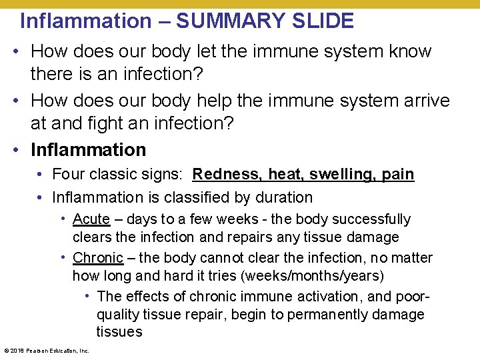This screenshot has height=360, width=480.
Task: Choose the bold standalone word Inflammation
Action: click(88, 149)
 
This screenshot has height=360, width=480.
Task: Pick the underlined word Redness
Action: click(226, 175)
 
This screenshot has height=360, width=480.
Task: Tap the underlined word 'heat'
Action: click(285, 175)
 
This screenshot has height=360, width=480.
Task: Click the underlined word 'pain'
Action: click(398, 175)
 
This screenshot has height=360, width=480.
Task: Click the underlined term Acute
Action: click(91, 219)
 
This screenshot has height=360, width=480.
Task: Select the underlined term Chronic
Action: click(98, 258)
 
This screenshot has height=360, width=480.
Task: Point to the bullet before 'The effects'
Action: click(88, 296)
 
